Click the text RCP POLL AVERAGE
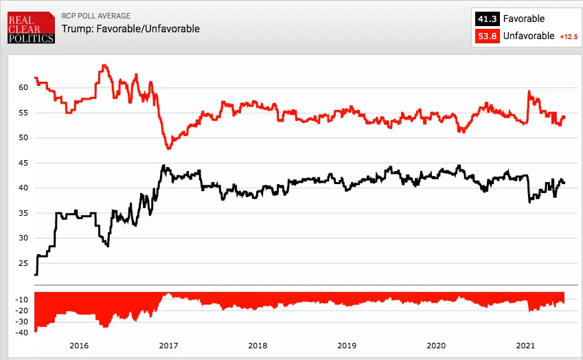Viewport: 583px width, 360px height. point(95,16)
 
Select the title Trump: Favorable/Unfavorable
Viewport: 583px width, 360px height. point(130,29)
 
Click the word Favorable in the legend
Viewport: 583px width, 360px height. point(524,19)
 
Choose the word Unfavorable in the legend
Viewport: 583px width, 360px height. point(529,36)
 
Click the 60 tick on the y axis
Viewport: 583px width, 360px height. point(23,87)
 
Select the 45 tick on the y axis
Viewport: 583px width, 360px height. point(23,163)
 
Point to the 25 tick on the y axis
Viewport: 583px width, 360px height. point(23,263)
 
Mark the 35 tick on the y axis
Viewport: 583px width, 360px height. point(23,213)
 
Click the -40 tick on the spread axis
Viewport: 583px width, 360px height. point(21,333)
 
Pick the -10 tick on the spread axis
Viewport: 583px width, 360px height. point(21,300)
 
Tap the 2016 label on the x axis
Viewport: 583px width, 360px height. point(79,346)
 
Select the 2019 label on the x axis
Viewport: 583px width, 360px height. point(347,346)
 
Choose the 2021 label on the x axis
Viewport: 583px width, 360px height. point(525,346)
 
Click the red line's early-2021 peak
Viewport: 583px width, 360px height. point(529,91)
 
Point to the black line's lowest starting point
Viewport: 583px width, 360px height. point(36,275)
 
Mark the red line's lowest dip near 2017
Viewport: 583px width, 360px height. point(168,148)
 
